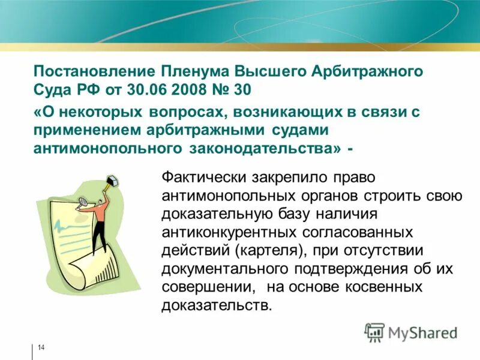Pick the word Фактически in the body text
pyautogui.click(x=202, y=178)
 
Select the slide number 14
pyautogui.click(x=41, y=348)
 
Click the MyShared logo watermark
pyautogui.click(x=412, y=332)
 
